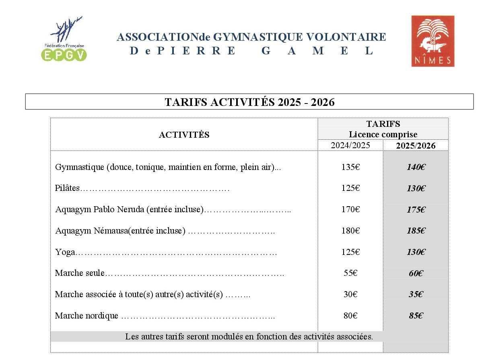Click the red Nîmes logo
pos(433,41)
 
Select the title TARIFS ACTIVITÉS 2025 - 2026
pos(249,102)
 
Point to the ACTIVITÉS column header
pos(184,135)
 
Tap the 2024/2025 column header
pos(350,145)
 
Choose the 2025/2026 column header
pos(416,146)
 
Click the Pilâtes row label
pos(68,188)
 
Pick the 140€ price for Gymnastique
pos(416,167)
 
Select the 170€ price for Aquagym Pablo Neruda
pos(350,209)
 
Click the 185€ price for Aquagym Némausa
pos(416,231)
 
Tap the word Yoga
pos(65,252)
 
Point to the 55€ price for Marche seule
pos(350,273)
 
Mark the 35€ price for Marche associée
pos(416,294)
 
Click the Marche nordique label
pos(87,316)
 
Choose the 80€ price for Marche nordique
pos(350,316)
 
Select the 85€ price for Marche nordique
pos(416,316)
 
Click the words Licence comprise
pos(383,134)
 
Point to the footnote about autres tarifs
pos(249,337)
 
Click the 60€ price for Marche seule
pos(416,273)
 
